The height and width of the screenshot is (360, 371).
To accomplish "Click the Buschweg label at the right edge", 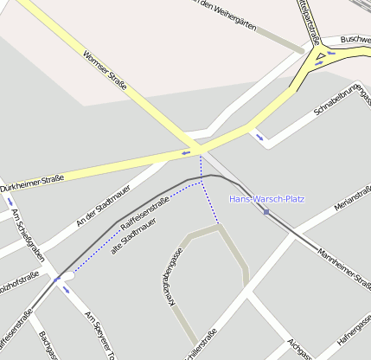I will click(x=355, y=40).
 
